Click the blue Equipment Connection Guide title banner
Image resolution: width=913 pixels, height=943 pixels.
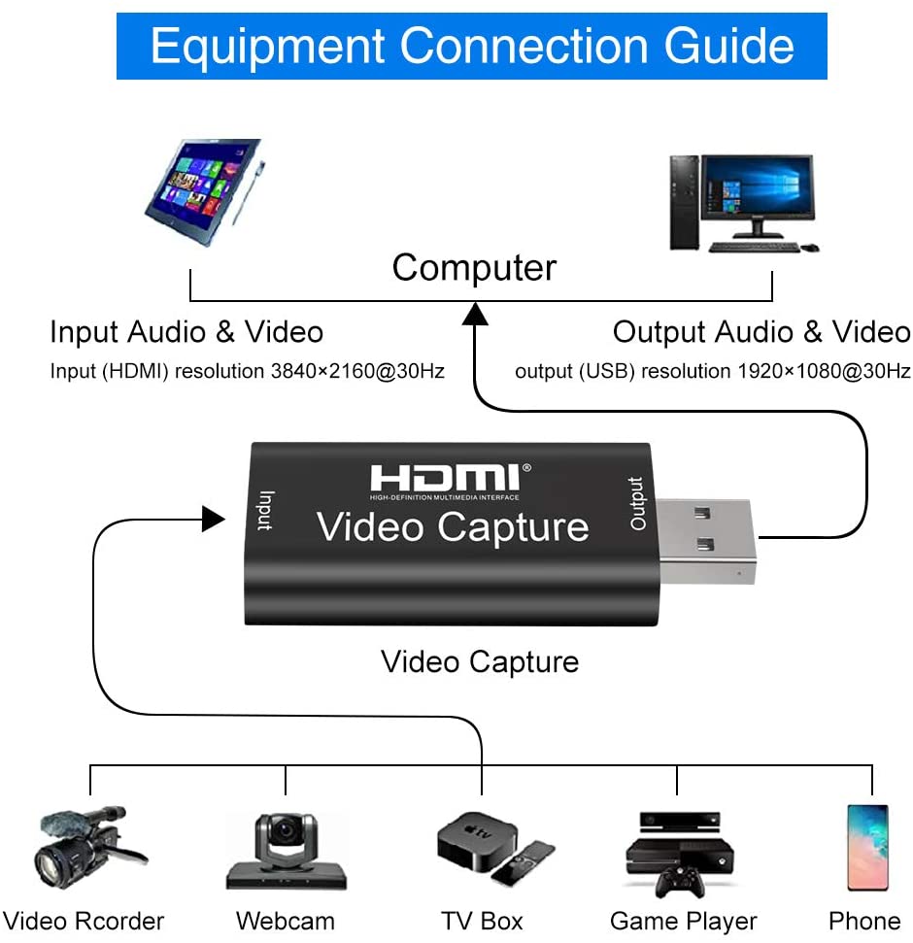click(472, 46)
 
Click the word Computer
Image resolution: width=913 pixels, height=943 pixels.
click(474, 268)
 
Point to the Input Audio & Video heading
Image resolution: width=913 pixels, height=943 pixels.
click(186, 332)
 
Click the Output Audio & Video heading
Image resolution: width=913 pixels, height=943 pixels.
click(761, 332)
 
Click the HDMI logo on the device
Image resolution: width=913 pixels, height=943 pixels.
click(446, 479)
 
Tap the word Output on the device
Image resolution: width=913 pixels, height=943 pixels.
click(637, 503)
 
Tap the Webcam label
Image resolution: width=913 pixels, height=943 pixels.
click(285, 921)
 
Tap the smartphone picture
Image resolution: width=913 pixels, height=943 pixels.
click(866, 847)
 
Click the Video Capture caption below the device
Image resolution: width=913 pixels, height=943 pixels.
click(480, 662)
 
